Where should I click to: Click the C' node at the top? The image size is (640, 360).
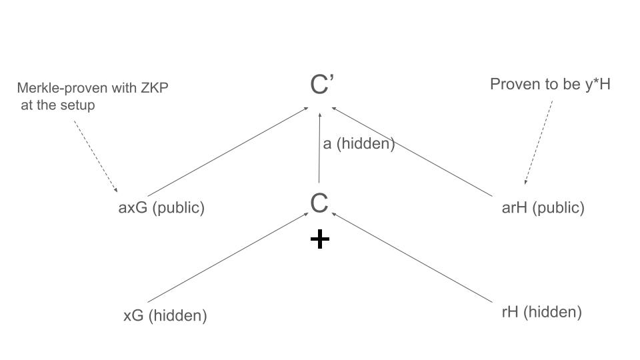tap(321, 85)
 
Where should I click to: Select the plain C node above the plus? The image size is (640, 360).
tap(319, 203)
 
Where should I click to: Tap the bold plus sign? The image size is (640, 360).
tap(320, 239)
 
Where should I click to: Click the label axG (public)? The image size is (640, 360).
tap(161, 207)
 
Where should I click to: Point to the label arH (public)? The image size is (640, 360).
tap(543, 207)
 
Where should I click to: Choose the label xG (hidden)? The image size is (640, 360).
tap(165, 315)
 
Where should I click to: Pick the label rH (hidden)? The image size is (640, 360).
tap(541, 312)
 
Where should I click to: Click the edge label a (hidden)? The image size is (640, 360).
tap(359, 143)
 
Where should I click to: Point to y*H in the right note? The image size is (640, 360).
tap(598, 84)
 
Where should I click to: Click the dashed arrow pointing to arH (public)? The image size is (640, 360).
tap(539, 143)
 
